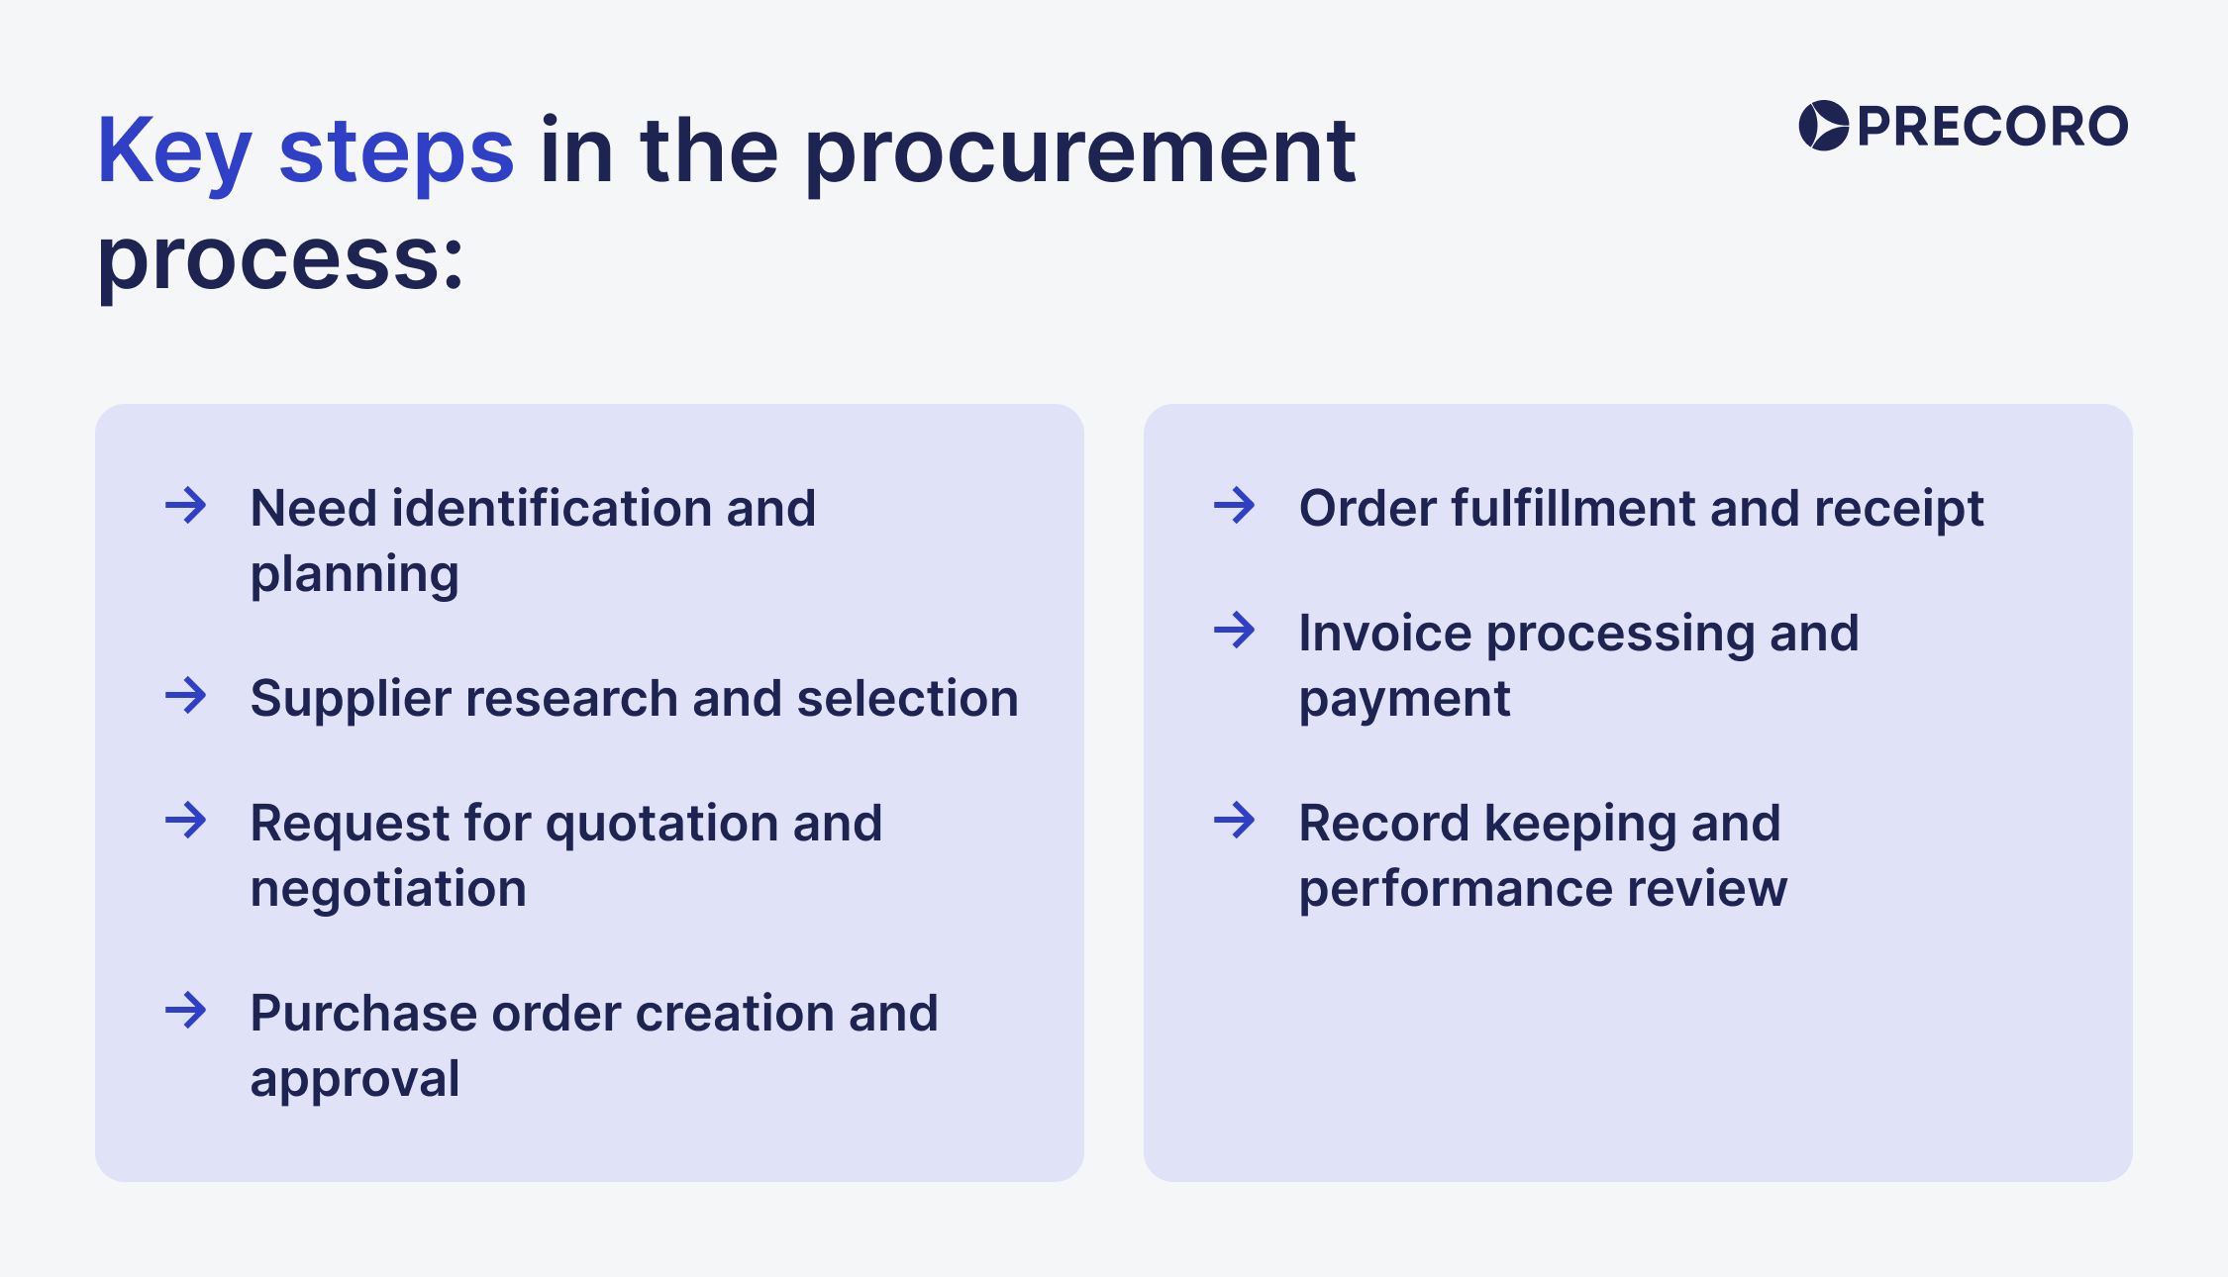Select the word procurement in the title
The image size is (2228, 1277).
[x=1079, y=152]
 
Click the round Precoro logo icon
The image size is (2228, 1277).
[x=1822, y=126]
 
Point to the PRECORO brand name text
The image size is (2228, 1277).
[x=1992, y=127]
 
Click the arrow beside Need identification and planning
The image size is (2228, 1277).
[x=185, y=506]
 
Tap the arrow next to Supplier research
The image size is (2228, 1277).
[x=185, y=696]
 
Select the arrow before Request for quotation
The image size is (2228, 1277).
[x=185, y=821]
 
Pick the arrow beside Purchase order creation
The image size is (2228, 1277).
[x=185, y=1011]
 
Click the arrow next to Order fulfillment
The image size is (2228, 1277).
[x=1234, y=506]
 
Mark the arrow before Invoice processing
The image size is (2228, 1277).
[x=1234, y=631]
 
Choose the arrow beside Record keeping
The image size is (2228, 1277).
[x=1234, y=821]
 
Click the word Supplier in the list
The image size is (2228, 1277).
[x=351, y=699]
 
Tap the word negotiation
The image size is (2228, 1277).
[x=388, y=888]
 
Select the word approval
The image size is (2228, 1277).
[x=354, y=1078]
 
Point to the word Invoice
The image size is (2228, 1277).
[x=1384, y=634]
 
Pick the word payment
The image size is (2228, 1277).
[x=1404, y=700]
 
